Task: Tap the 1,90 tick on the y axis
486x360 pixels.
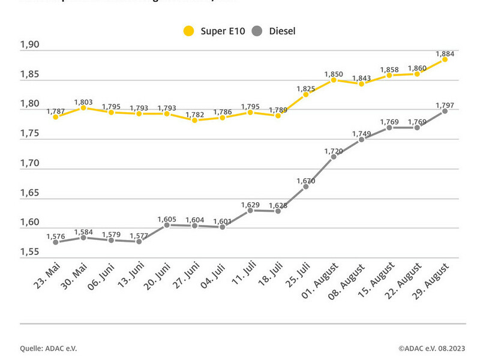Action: (29, 45)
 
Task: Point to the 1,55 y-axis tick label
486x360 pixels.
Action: (29, 252)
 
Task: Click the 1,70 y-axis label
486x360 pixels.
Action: (29, 163)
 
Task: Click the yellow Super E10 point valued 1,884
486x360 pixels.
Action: (445, 59)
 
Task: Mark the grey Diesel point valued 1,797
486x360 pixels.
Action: (445, 111)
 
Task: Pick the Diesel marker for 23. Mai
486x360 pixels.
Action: (56, 242)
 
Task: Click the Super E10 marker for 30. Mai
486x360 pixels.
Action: (83, 108)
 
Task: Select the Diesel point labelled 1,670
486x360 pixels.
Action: (305, 187)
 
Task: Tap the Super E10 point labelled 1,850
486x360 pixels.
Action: (334, 80)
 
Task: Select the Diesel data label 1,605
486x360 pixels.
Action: (167, 220)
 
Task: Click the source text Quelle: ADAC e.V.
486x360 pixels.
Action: (48, 347)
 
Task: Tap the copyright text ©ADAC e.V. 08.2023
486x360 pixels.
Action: (431, 347)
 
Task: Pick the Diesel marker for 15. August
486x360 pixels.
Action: (389, 128)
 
